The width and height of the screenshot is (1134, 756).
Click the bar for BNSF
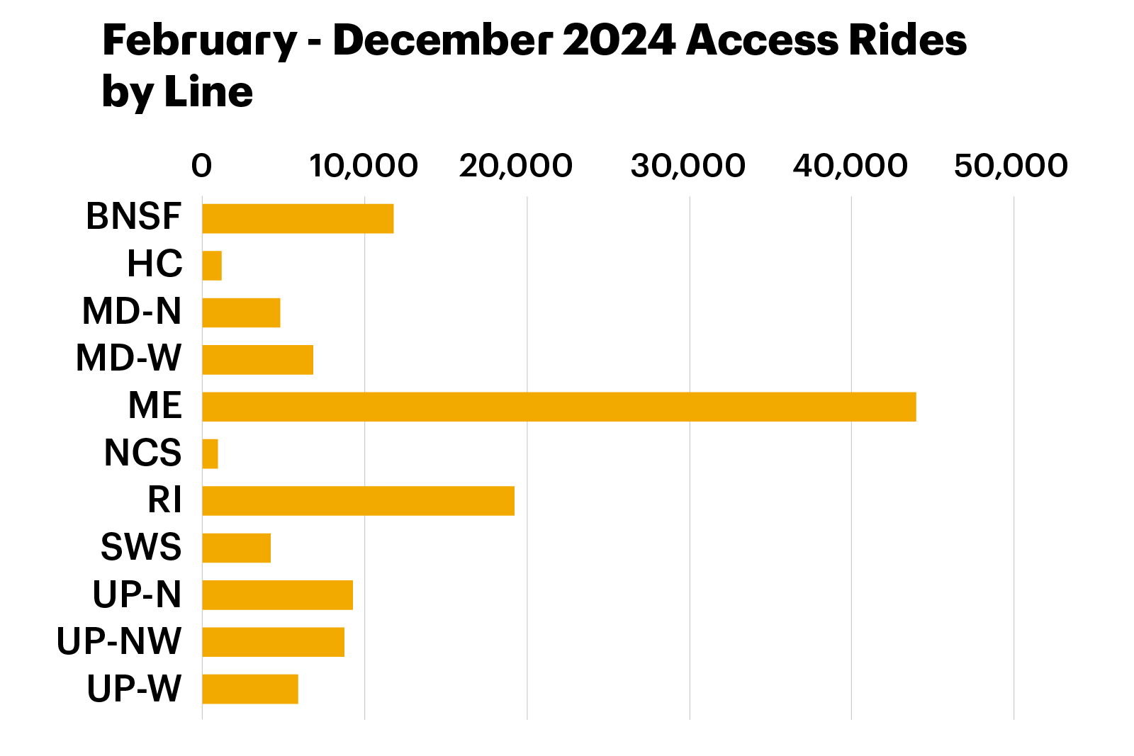[298, 219]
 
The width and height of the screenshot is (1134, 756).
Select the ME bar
[559, 407]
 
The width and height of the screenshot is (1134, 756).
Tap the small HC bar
[212, 266]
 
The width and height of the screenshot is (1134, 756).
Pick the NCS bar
[210, 454]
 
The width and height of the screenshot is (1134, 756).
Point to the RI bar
[359, 501]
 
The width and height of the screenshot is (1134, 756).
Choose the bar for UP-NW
[274, 642]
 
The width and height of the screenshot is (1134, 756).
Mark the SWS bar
[237, 548]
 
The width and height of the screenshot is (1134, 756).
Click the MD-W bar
[258, 360]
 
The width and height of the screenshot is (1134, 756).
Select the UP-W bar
[250, 689]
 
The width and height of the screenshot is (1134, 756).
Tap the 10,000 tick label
[364, 166]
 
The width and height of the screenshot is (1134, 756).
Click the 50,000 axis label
[1011, 166]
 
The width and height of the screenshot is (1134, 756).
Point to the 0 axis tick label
[201, 166]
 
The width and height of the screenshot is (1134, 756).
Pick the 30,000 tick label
[688, 166]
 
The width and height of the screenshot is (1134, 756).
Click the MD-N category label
[132, 311]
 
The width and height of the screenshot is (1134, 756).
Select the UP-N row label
[137, 594]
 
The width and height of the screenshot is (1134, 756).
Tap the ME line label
[155, 405]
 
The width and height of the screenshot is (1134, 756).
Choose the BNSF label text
[134, 216]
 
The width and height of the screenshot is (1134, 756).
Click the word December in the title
[442, 40]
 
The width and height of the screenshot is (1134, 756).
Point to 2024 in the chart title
[619, 40]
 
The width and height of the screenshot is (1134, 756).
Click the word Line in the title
[208, 92]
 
